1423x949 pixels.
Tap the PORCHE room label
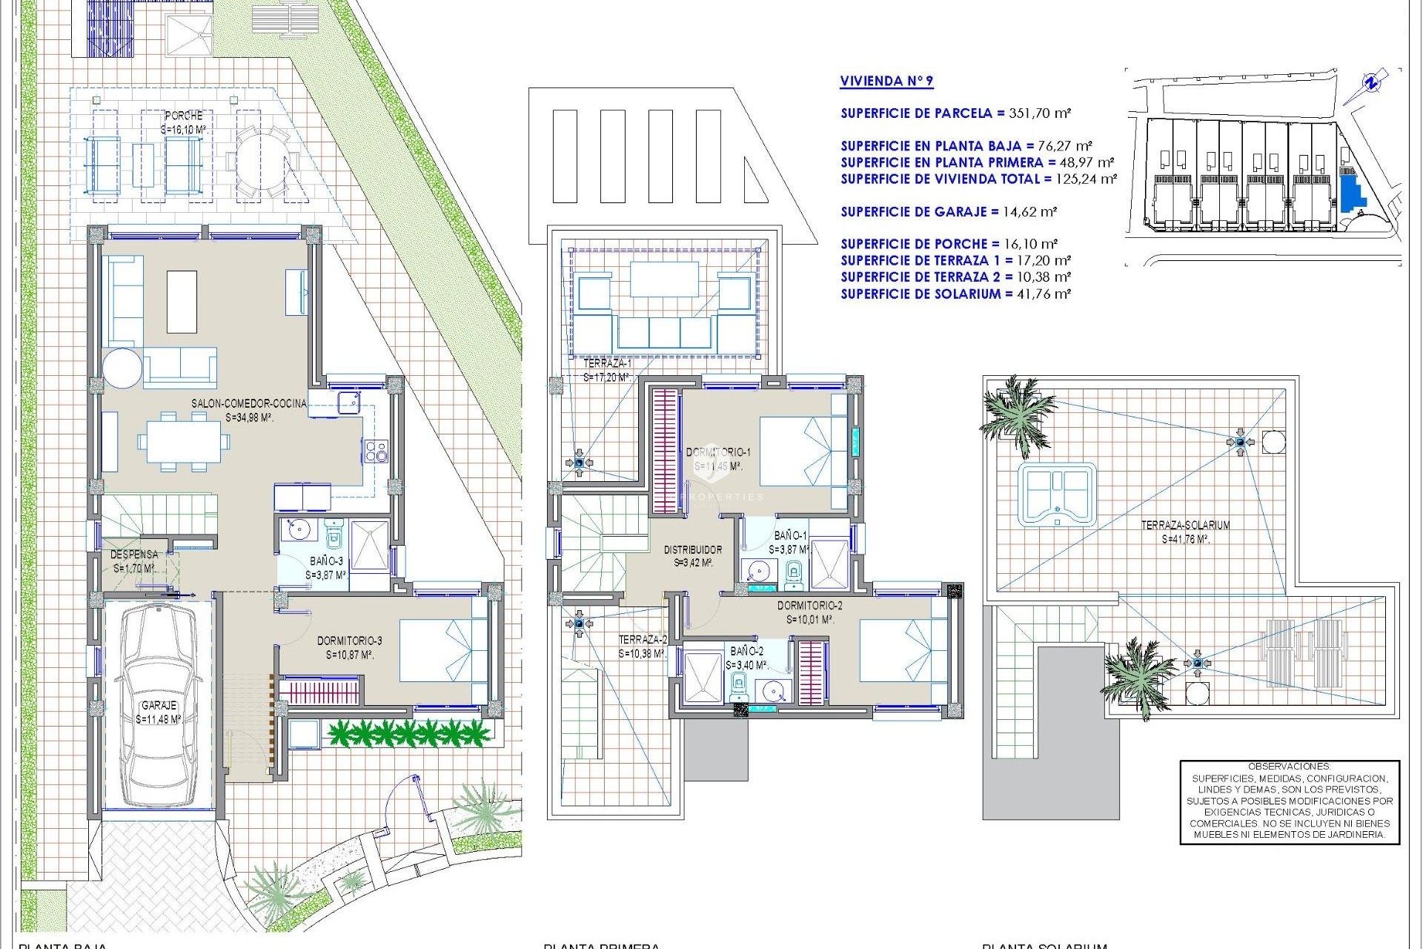tap(183, 116)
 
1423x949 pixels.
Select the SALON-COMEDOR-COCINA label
tap(248, 403)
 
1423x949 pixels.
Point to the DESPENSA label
tap(134, 555)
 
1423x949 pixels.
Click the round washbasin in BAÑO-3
tap(299, 530)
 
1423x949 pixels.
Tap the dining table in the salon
tap(183, 442)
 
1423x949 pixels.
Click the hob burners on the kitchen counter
tap(376, 451)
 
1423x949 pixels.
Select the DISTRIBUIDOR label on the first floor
tap(692, 549)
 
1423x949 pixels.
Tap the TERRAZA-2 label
tap(643, 639)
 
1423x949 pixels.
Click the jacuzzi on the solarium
tap(1056, 495)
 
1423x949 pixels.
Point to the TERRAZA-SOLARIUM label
tap(1184, 525)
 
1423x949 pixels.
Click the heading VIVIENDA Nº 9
tap(886, 82)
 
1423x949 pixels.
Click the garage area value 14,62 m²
tap(1029, 211)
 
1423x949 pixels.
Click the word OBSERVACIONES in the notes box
tap(1289, 766)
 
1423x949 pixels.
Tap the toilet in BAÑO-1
tap(793, 572)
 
